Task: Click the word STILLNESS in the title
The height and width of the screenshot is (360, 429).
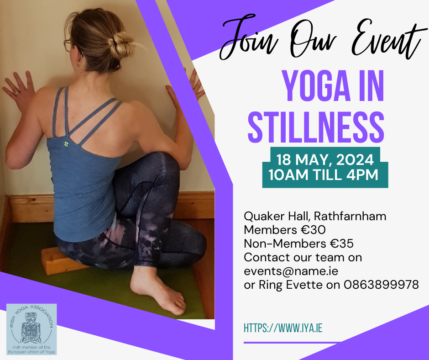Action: pos(316,127)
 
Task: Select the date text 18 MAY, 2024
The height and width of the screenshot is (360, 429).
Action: pos(325,159)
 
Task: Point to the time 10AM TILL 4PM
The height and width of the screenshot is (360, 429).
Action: pos(324,175)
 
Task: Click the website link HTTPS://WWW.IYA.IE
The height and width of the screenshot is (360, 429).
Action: pos(283,328)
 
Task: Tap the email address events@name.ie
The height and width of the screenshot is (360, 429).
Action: pos(291,271)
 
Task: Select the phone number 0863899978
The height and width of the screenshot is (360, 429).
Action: pos(381,285)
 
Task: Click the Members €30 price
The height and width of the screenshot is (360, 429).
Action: pos(285,230)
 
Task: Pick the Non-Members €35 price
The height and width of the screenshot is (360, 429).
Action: pos(299,244)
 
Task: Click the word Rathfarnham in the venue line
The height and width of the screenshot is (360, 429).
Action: pos(350,216)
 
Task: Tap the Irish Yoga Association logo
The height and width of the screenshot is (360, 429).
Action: pos(31,329)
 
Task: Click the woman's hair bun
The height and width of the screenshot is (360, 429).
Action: pos(120,46)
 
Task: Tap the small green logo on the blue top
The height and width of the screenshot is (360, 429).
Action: pos(66,144)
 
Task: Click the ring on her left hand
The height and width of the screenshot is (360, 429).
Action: pos(17,93)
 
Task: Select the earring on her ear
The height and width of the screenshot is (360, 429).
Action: pos(78,65)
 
